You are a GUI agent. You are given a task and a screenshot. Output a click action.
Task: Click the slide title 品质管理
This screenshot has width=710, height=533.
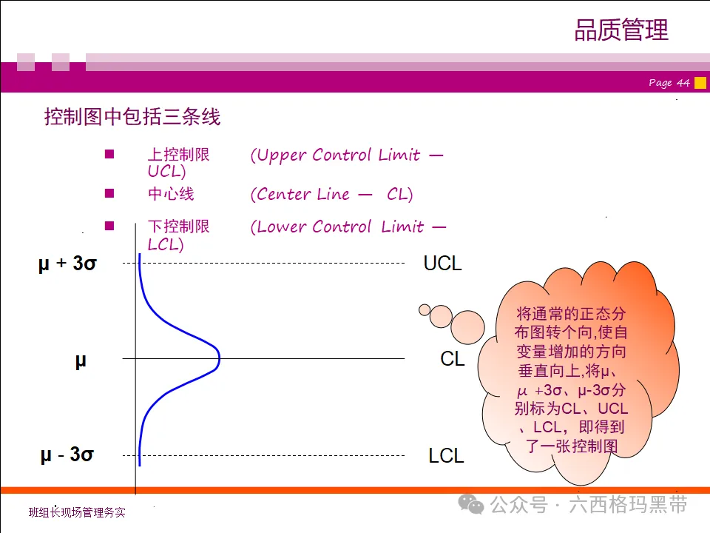(x=621, y=30)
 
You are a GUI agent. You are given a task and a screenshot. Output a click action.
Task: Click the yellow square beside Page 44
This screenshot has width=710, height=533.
(x=700, y=82)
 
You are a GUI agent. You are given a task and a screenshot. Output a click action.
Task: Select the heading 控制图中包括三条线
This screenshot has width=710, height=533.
(x=132, y=117)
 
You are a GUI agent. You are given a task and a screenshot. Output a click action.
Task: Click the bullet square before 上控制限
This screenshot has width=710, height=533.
(x=109, y=155)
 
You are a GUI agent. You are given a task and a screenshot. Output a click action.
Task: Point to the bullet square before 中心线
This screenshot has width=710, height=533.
(x=109, y=193)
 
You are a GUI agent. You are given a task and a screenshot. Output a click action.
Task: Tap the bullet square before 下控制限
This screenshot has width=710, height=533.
(x=109, y=226)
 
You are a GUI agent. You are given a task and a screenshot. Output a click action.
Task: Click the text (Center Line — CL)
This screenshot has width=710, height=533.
(x=331, y=195)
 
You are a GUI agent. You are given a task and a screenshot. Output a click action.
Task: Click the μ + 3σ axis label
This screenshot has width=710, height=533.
(x=67, y=264)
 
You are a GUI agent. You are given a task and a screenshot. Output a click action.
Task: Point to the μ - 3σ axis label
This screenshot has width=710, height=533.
(x=67, y=455)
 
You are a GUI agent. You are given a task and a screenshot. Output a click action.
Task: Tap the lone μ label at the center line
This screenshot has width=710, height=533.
(x=81, y=361)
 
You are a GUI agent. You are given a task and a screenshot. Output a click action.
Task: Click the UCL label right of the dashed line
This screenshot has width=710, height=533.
(x=442, y=264)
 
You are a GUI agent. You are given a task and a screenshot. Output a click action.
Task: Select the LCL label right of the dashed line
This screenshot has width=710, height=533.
(x=446, y=456)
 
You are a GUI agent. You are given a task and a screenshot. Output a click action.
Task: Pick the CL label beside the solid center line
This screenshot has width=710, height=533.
(x=452, y=359)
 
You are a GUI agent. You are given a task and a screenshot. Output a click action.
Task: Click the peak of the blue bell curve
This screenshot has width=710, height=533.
(x=219, y=359)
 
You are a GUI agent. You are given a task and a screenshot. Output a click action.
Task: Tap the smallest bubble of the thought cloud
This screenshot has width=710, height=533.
(x=425, y=309)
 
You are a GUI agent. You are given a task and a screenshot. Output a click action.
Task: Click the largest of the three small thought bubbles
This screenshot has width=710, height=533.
(x=467, y=326)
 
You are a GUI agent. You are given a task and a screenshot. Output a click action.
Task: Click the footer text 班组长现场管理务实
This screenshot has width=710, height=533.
(x=77, y=512)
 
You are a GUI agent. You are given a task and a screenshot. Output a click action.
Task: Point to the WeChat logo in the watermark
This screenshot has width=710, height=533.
(x=471, y=505)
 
